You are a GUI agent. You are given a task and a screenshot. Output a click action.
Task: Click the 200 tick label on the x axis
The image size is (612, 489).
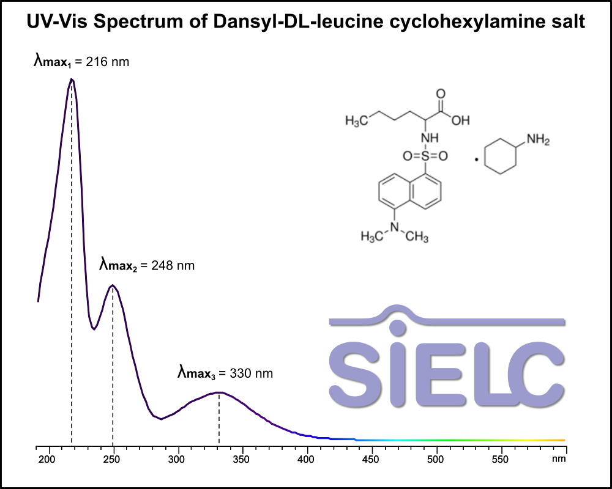pyautogui.click(x=47, y=460)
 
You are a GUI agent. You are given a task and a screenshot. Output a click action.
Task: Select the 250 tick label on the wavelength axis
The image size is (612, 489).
pyautogui.click(x=111, y=460)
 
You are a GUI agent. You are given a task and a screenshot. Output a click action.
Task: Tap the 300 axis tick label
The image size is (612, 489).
pyautogui.click(x=176, y=460)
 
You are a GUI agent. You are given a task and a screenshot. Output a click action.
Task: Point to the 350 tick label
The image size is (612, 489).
pyautogui.click(x=241, y=460)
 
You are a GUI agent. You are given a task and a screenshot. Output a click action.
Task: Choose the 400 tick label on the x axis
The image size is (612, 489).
pyautogui.click(x=306, y=460)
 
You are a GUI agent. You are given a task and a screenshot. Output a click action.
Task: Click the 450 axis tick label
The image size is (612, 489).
pyautogui.click(x=371, y=460)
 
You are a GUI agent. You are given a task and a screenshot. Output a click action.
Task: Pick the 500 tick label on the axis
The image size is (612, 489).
pyautogui.click(x=436, y=460)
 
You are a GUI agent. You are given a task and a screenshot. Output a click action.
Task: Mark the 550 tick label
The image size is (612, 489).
pyautogui.click(x=501, y=460)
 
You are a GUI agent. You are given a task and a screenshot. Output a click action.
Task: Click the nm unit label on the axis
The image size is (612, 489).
pyautogui.click(x=559, y=459)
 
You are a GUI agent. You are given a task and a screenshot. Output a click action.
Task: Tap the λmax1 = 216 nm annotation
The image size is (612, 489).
pyautogui.click(x=81, y=61)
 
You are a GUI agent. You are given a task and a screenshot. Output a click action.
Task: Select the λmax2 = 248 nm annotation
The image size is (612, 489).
pyautogui.click(x=147, y=265)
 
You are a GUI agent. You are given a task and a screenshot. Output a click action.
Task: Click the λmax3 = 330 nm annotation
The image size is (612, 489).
pyautogui.click(x=225, y=373)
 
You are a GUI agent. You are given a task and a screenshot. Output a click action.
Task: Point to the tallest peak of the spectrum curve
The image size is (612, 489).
pyautogui.click(x=72, y=79)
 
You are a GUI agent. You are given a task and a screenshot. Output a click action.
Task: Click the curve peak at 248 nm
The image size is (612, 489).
pyautogui.click(x=113, y=285)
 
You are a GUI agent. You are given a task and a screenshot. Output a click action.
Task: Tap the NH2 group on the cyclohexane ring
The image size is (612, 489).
pyautogui.click(x=538, y=139)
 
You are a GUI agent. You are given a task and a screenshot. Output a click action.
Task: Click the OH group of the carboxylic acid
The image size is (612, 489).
pyautogui.click(x=461, y=120)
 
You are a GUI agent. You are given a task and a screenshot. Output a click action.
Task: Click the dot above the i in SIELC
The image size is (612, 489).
pyautogui.click(x=397, y=328)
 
